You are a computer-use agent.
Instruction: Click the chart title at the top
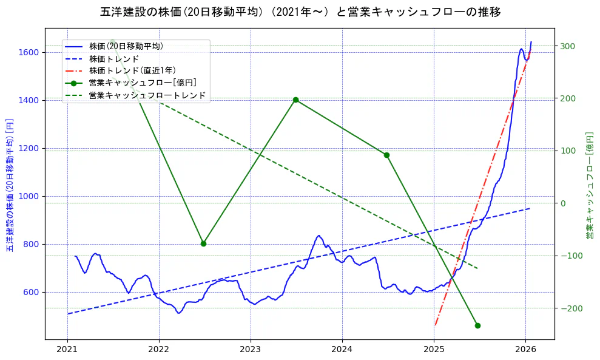pos(300,12)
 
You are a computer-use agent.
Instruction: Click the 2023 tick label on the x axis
pos(250,350)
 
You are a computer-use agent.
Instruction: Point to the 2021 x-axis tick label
pos(67,350)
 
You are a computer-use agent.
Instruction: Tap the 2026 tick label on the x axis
pos(525,350)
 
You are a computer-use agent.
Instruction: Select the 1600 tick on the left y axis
pos(28,52)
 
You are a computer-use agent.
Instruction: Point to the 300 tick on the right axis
pos(568,46)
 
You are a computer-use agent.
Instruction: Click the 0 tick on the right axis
pos(562,203)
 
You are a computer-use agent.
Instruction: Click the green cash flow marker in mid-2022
pos(203,243)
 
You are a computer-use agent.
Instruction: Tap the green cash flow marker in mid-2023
pos(295,100)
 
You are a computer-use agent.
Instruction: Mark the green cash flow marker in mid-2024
pos(386,155)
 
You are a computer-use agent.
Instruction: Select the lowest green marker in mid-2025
pos(477,325)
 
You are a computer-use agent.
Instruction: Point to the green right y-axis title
pos(589,185)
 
